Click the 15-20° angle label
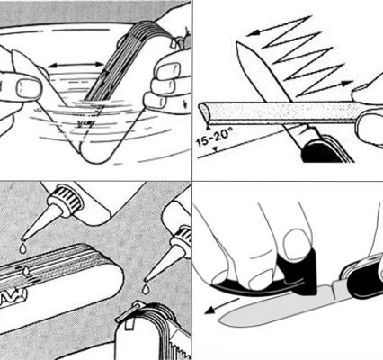pyautogui.click(x=213, y=138)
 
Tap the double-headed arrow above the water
pyautogui.click(x=76, y=65)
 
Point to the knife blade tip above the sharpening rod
pyautogui.click(x=237, y=44)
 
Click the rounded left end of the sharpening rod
pyautogui.click(x=204, y=112)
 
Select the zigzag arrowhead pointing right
pyautogui.click(x=348, y=83)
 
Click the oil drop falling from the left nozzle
pyautogui.click(x=22, y=248)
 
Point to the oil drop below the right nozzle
pyautogui.click(x=146, y=289)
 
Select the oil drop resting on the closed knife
pyautogui.click(x=26, y=271)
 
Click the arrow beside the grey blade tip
pyautogui.click(x=221, y=307)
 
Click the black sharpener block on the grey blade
pyautogui.click(x=298, y=273)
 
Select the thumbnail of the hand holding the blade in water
pyautogui.click(x=29, y=88)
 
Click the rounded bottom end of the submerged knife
pyautogui.click(x=95, y=156)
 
